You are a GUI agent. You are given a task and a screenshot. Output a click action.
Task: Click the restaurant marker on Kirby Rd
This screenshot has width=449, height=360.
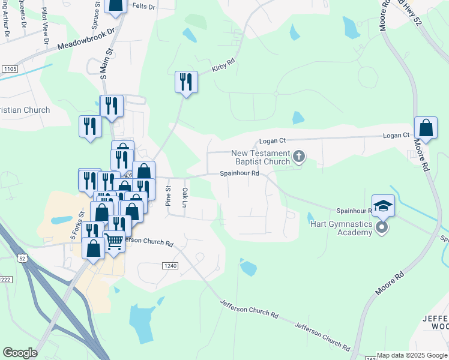pos(186,82)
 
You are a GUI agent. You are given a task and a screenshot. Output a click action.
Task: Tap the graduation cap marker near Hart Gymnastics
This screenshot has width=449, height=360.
pos(384,206)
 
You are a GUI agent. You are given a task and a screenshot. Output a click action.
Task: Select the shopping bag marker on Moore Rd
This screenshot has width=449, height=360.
pos(426,128)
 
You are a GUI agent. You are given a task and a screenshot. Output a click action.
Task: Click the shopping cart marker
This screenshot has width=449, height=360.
pos(114,242)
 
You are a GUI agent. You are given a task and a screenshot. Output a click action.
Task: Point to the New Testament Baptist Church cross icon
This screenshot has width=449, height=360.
pos(298,158)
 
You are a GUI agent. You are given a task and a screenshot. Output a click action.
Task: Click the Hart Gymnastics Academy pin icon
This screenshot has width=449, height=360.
pos(382,227)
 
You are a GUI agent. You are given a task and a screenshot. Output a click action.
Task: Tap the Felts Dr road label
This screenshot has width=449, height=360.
pos(143,7)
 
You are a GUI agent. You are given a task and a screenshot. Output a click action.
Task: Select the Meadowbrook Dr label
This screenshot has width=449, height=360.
pos(86,39)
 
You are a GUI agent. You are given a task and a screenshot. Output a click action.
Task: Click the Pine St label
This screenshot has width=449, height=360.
pos(168,196)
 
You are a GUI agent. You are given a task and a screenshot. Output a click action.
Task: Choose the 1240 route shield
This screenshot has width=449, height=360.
pos(170,265)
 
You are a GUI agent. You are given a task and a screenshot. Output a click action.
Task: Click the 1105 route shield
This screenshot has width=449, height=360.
pos(9,70)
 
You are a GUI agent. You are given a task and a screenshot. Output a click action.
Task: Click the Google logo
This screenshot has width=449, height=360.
pos(20,353)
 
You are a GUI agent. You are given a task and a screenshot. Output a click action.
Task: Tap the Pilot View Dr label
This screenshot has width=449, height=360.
pos(44,21)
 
